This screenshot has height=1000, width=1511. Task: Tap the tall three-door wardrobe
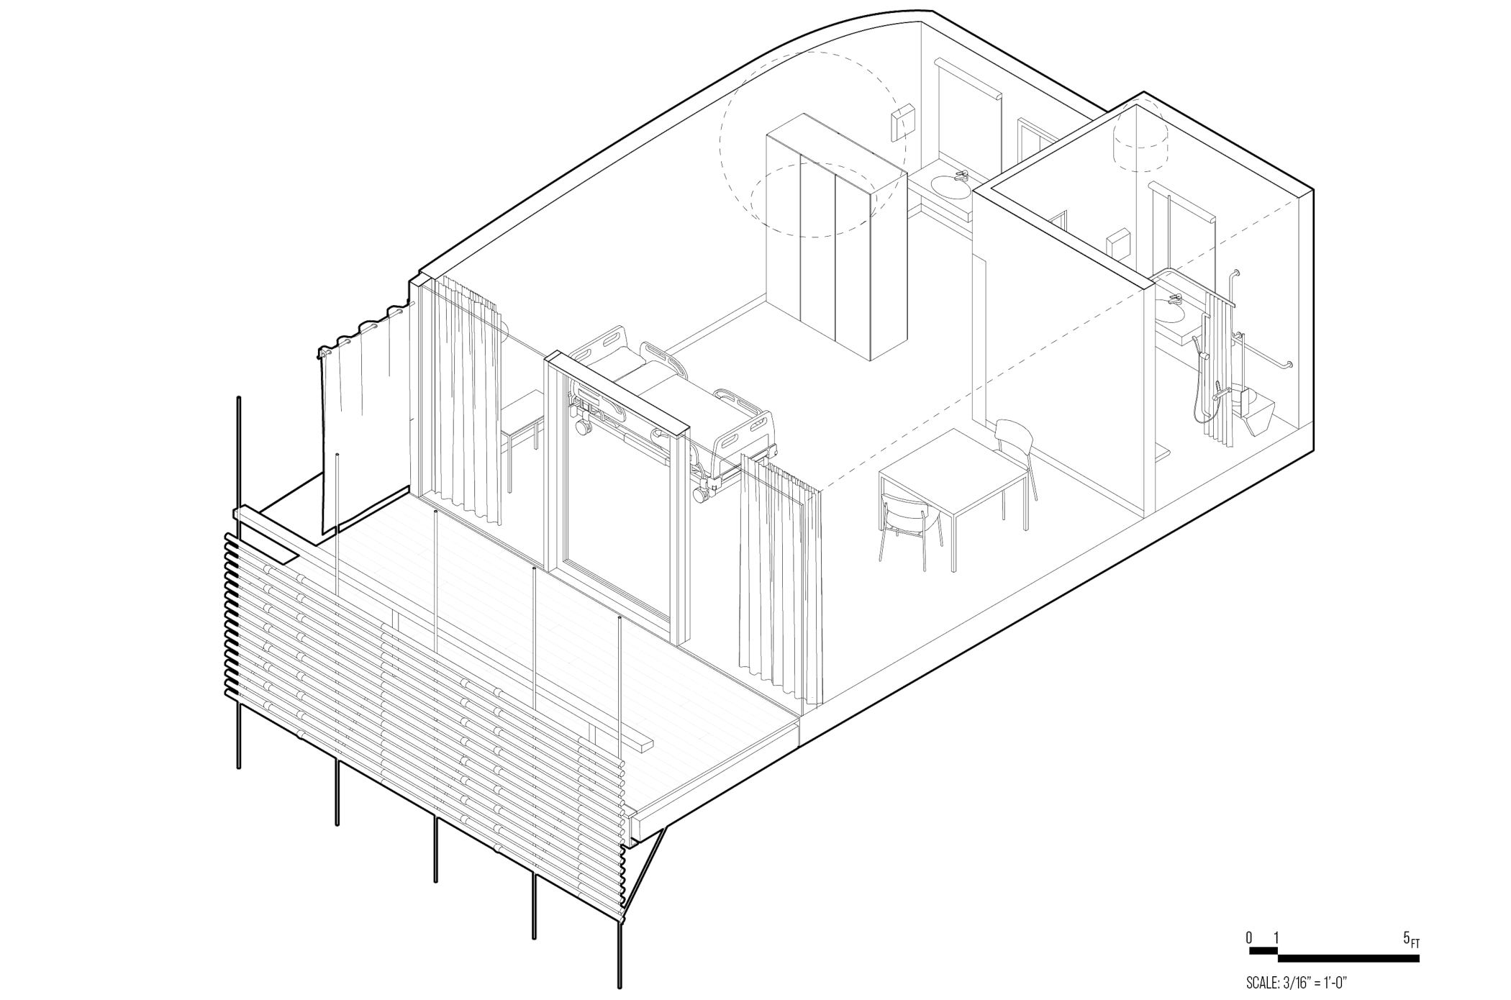click(835, 237)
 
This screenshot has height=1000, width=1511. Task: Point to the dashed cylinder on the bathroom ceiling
click(1141, 139)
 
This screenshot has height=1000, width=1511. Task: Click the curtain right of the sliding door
click(781, 583)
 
